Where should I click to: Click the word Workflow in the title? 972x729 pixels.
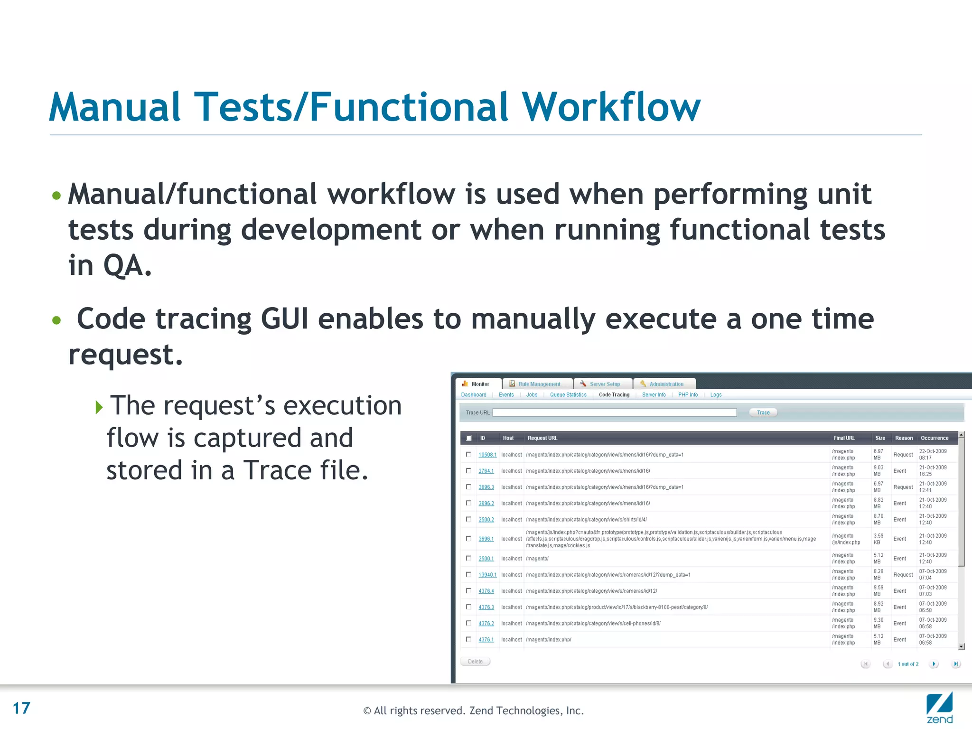click(x=611, y=107)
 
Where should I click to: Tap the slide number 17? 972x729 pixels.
click(x=21, y=708)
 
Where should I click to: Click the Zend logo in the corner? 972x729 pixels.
click(x=939, y=707)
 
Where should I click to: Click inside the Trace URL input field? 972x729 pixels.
click(x=614, y=412)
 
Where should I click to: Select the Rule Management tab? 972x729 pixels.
click(x=539, y=384)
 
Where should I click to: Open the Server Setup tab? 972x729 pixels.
click(x=604, y=384)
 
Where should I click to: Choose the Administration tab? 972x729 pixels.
click(x=666, y=384)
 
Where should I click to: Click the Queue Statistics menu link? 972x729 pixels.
click(x=568, y=395)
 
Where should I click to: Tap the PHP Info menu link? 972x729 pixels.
click(x=688, y=395)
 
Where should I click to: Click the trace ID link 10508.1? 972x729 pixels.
click(x=487, y=455)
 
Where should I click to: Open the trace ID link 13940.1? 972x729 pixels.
click(x=487, y=575)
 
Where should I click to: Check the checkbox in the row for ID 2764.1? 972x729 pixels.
click(x=468, y=471)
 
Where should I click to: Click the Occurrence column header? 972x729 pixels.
click(x=934, y=438)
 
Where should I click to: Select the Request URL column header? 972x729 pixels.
click(x=542, y=438)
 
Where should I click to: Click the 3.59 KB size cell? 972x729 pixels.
click(x=879, y=539)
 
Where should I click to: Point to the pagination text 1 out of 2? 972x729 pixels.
click(x=907, y=664)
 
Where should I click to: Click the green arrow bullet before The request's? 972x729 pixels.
click(x=99, y=407)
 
